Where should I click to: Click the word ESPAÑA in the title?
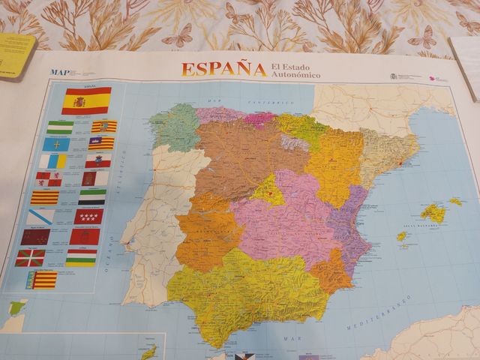click(x=223, y=69)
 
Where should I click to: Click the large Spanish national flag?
click(x=86, y=100)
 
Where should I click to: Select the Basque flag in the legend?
click(x=30, y=258)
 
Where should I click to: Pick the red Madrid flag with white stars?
click(x=89, y=217)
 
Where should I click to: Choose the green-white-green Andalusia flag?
click(x=60, y=127)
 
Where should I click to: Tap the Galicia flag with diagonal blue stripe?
click(x=41, y=217)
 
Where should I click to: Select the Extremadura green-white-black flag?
click(x=92, y=197)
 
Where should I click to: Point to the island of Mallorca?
click(x=433, y=213)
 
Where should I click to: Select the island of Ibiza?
click(x=402, y=236)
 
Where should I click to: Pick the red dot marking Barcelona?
click(x=400, y=163)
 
